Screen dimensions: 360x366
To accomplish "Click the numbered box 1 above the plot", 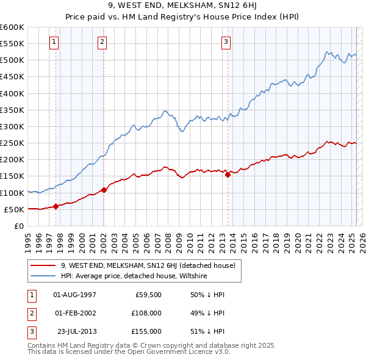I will (55, 42).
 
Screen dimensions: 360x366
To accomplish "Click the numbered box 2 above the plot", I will (102, 42).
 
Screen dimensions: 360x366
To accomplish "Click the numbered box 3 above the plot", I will (226, 42).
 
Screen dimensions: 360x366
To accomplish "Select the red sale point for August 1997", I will (56, 206).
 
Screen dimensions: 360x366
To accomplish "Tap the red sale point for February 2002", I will (104, 190).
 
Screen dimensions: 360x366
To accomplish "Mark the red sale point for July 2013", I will (228, 175).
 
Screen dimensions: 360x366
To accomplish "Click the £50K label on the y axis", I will (14, 209).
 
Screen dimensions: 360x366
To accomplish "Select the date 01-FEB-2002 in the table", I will (75, 313).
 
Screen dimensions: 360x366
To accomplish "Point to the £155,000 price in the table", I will (146, 331).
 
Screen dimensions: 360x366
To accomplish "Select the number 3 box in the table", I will (30, 331).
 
